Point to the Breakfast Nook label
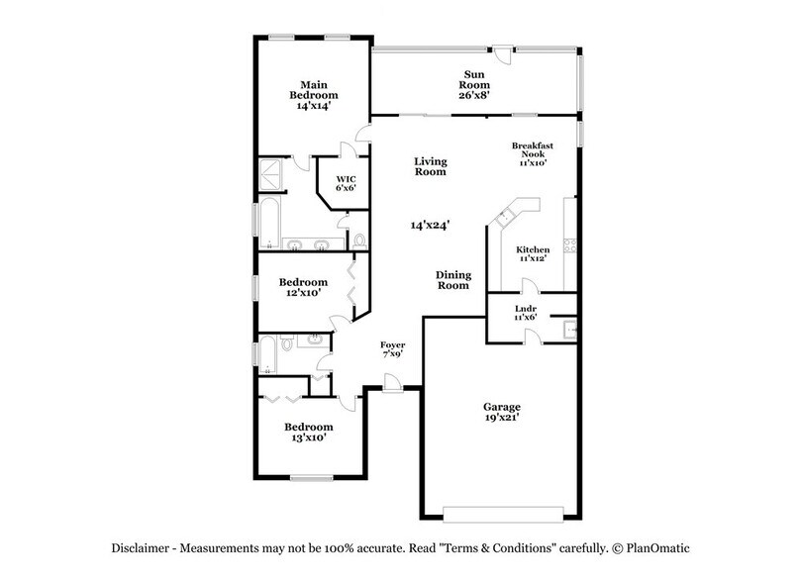click(x=532, y=153)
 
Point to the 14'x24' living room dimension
click(x=431, y=226)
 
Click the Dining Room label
click(x=453, y=280)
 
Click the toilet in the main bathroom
click(x=358, y=241)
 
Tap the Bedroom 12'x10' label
click(x=298, y=287)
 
